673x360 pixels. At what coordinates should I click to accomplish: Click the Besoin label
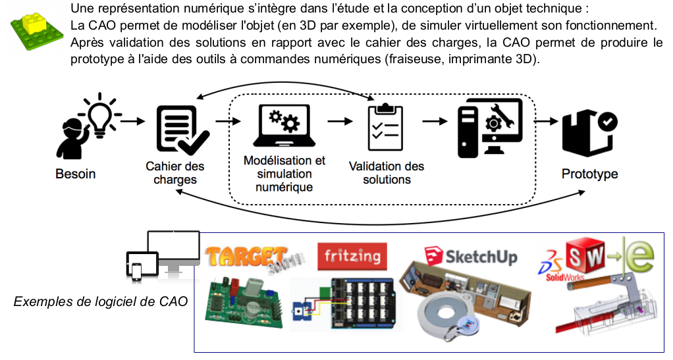(75, 174)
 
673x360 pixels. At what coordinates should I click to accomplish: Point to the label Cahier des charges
(175, 172)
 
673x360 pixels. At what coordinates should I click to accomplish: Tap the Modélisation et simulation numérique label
(284, 173)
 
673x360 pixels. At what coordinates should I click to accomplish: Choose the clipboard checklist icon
(385, 126)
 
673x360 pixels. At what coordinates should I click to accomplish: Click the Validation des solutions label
(387, 172)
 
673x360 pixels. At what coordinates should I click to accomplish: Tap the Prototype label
(589, 174)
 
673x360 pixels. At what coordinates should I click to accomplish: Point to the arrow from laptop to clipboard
(340, 121)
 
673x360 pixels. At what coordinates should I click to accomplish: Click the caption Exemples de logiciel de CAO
(100, 302)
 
